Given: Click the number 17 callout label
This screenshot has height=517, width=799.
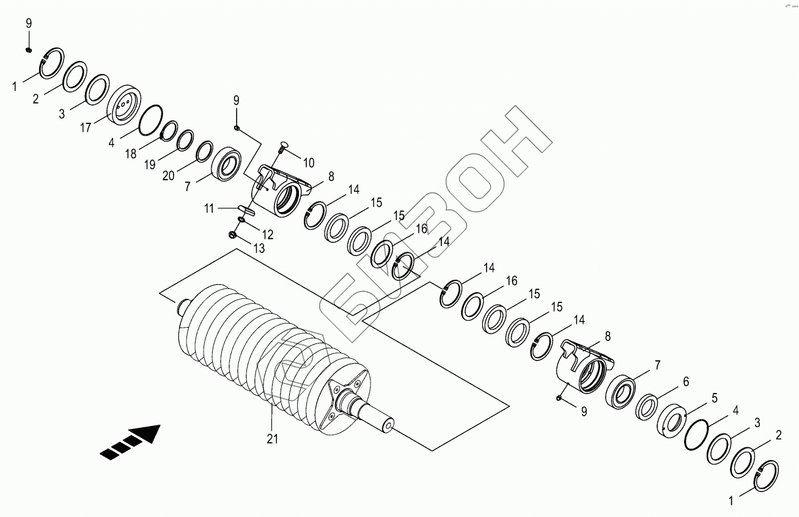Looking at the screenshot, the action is pyautogui.click(x=85, y=127).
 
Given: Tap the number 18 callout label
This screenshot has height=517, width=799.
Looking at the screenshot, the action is pyautogui.click(x=130, y=155).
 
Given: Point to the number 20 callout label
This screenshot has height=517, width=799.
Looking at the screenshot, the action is pyautogui.click(x=169, y=177).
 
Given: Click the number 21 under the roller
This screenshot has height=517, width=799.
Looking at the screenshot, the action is pyautogui.click(x=273, y=438).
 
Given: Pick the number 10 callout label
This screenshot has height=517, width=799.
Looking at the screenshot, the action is pyautogui.click(x=308, y=163).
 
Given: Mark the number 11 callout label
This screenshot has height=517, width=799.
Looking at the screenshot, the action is pyautogui.click(x=209, y=209).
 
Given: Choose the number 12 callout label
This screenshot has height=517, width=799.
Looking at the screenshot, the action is pyautogui.click(x=268, y=234).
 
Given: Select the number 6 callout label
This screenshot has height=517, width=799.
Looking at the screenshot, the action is pyautogui.click(x=685, y=381).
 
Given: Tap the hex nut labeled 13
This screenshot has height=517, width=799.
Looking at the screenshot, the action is pyautogui.click(x=232, y=234).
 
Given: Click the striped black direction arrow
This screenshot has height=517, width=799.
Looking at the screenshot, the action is pyautogui.click(x=131, y=442).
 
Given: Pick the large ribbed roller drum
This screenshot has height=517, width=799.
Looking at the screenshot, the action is pyautogui.click(x=263, y=354).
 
